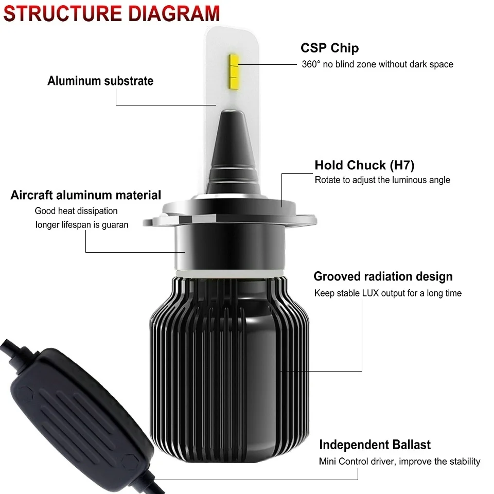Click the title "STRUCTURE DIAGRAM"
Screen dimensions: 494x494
coord(111,13)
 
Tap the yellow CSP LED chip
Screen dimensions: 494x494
coord(234,71)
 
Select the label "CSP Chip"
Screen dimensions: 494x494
coord(329,48)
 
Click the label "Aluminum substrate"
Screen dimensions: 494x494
coord(100,81)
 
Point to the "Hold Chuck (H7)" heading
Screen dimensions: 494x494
coord(364,165)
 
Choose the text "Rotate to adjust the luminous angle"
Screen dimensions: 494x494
coord(382,180)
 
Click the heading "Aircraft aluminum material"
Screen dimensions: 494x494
coord(86,195)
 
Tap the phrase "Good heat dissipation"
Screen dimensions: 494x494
coord(76,211)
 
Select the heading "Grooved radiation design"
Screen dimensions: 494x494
coord(383,276)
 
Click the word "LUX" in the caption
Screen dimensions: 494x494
coord(370,293)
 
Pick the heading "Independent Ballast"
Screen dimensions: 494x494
coord(375,445)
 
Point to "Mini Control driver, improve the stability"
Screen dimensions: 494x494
coord(399,462)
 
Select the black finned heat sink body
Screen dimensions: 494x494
coord(230,368)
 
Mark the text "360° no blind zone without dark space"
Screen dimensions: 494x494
coord(377,64)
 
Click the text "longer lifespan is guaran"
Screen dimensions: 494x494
coord(82,225)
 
